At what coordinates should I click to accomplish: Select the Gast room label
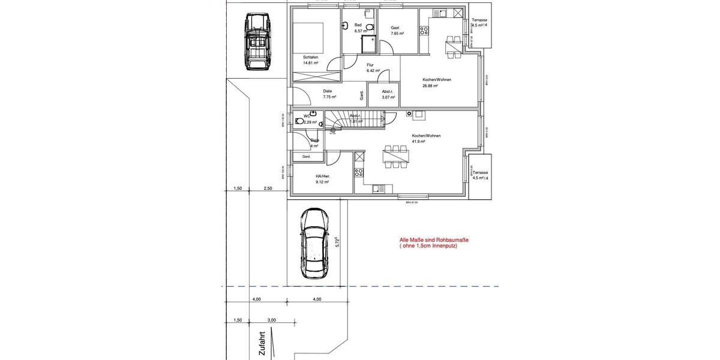click(x=395, y=28)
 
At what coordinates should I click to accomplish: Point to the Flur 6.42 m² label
click(x=370, y=65)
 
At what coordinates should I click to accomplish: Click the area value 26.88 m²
click(x=430, y=86)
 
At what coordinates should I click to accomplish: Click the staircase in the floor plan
click(x=355, y=120)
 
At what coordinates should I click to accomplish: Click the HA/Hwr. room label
click(x=323, y=176)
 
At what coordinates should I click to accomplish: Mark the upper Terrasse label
click(x=479, y=20)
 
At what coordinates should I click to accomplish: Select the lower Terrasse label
click(x=481, y=172)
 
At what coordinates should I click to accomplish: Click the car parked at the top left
click(x=257, y=42)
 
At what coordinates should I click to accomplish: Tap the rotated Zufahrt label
click(x=262, y=345)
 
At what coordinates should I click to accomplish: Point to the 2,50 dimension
click(x=268, y=188)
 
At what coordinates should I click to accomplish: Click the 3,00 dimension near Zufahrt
click(x=271, y=320)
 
